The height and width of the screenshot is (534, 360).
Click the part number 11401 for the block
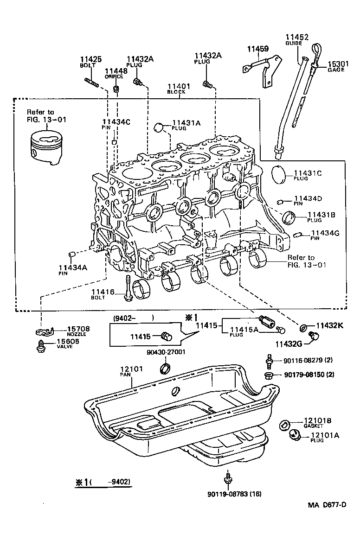179,86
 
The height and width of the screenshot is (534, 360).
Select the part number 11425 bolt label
90,59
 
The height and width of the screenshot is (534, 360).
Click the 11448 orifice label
115,71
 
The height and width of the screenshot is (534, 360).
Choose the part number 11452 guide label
297,37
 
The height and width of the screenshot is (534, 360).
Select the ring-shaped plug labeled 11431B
289,216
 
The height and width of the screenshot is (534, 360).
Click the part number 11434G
325,233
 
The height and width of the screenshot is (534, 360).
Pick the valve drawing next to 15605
41,345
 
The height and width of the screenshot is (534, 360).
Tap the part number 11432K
330,325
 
